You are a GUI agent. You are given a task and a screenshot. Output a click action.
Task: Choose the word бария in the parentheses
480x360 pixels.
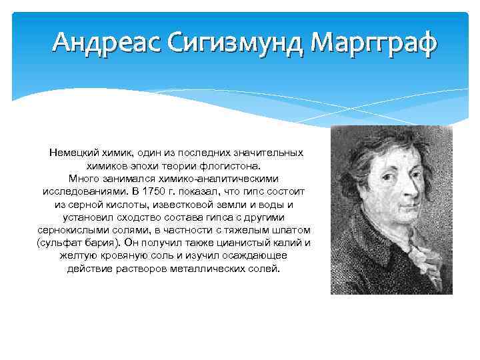[94, 243]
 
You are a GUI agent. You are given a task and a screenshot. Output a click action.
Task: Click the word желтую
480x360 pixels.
[76, 255]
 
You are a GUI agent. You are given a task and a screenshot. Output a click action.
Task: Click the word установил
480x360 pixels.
[86, 217]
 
